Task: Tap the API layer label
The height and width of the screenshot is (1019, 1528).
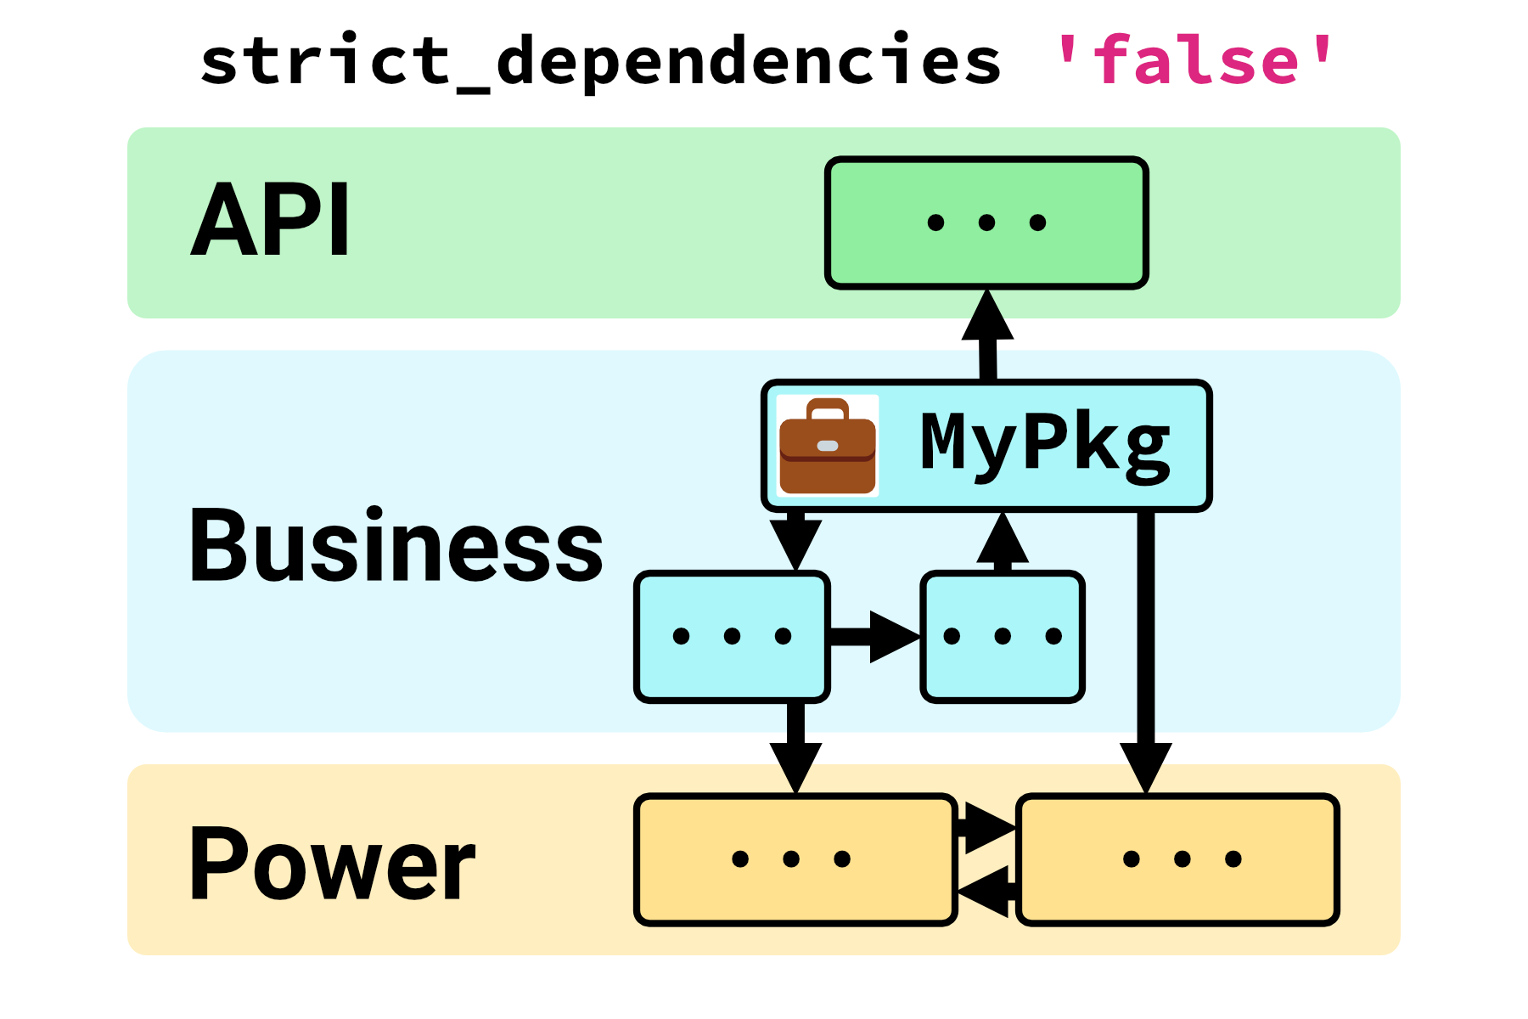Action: (x=270, y=219)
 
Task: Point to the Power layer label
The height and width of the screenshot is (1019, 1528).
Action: (x=332, y=863)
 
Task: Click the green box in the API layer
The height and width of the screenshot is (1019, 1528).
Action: (x=986, y=222)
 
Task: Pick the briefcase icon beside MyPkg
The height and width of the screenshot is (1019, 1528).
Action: (x=828, y=445)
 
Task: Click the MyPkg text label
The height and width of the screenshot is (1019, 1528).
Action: (x=1046, y=443)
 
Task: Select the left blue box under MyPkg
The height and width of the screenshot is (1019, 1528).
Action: (x=732, y=636)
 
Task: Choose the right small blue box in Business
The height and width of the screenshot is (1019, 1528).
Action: (x=1003, y=636)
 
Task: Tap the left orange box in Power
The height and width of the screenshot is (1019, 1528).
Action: (x=795, y=859)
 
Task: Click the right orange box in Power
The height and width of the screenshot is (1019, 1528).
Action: (x=1178, y=859)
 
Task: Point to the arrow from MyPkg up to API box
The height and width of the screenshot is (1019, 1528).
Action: (x=987, y=335)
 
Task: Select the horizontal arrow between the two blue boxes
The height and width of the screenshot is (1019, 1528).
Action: (x=874, y=636)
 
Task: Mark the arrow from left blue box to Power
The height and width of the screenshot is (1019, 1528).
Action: (x=795, y=747)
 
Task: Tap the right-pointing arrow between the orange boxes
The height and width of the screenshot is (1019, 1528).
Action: (x=986, y=827)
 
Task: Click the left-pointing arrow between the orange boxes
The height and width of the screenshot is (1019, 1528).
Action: (x=986, y=892)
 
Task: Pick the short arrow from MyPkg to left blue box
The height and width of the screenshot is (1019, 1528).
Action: (x=795, y=540)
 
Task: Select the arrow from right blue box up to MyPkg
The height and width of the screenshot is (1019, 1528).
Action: (x=1003, y=542)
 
